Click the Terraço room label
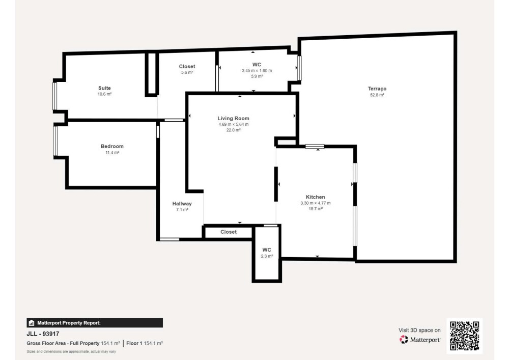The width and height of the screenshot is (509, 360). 377,89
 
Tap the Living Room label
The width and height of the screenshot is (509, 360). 234,119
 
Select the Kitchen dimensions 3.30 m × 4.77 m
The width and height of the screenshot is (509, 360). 315,203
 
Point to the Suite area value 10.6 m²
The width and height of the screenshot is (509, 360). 104,94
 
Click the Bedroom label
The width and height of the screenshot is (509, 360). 112,147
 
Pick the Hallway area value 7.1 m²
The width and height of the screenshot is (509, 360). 182,210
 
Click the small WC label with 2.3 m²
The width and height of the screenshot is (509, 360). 267,250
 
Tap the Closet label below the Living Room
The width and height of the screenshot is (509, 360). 229,232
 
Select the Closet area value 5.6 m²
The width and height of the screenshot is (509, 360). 187,72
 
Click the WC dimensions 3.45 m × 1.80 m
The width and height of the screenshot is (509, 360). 257,70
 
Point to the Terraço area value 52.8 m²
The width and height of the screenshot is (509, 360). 377,95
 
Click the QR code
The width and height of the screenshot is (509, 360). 465,336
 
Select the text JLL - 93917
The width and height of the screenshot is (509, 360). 43,334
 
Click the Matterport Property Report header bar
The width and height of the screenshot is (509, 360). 95,323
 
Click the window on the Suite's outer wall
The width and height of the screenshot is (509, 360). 55,96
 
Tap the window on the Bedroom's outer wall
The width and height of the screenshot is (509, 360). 55,141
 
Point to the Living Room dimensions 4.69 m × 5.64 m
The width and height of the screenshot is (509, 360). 234,124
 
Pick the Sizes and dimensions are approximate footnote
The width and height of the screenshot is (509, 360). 71,351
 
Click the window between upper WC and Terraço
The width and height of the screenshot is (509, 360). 299,68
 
